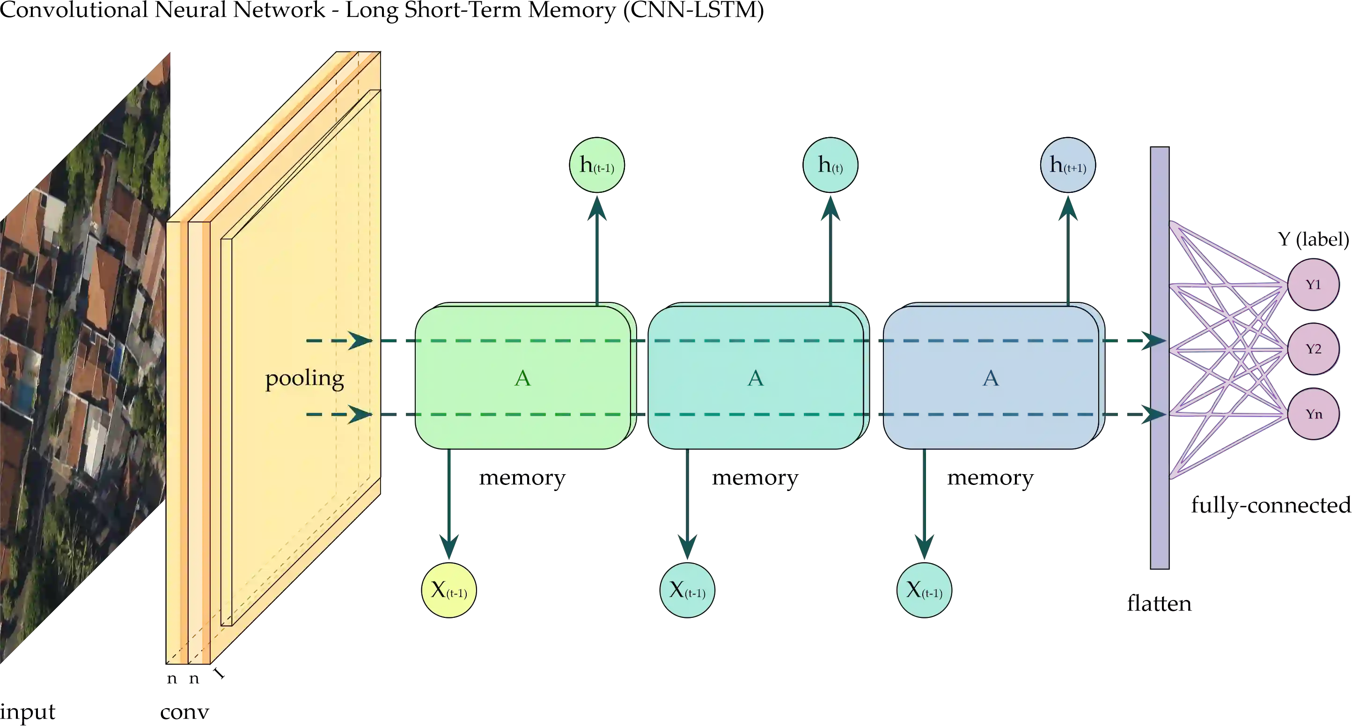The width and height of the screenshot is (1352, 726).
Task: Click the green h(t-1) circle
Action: click(x=597, y=165)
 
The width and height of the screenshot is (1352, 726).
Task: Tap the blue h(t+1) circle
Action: click(x=1067, y=165)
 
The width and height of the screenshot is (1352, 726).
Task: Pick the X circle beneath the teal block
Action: click(x=687, y=590)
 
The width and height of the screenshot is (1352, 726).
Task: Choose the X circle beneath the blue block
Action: click(x=924, y=590)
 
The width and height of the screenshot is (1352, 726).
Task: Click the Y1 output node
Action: click(x=1313, y=285)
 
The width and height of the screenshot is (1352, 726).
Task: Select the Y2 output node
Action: click(x=1313, y=349)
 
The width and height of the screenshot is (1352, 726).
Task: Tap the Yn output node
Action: click(x=1313, y=414)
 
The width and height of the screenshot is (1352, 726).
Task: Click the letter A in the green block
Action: click(x=522, y=378)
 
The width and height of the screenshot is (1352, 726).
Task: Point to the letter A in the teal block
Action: click(x=755, y=378)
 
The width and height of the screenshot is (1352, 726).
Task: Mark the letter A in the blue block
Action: click(x=991, y=378)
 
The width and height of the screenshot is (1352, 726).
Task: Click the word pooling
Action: click(x=304, y=378)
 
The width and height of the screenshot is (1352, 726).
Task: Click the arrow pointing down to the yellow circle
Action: click(x=449, y=543)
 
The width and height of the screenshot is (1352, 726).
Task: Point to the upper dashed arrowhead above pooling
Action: click(x=360, y=341)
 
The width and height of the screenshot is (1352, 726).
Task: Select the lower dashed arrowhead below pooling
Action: click(x=360, y=415)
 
